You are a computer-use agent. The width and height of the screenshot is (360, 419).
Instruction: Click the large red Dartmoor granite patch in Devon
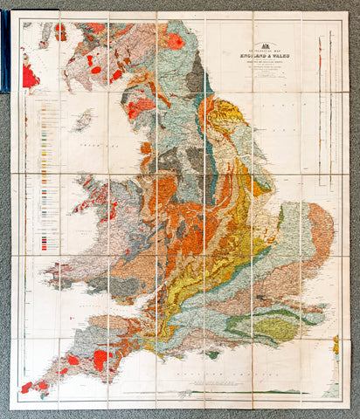tap(100, 358)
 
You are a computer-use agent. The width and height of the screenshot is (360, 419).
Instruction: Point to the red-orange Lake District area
tap(140, 109)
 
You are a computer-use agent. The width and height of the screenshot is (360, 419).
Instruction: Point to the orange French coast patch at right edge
tap(336, 344)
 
